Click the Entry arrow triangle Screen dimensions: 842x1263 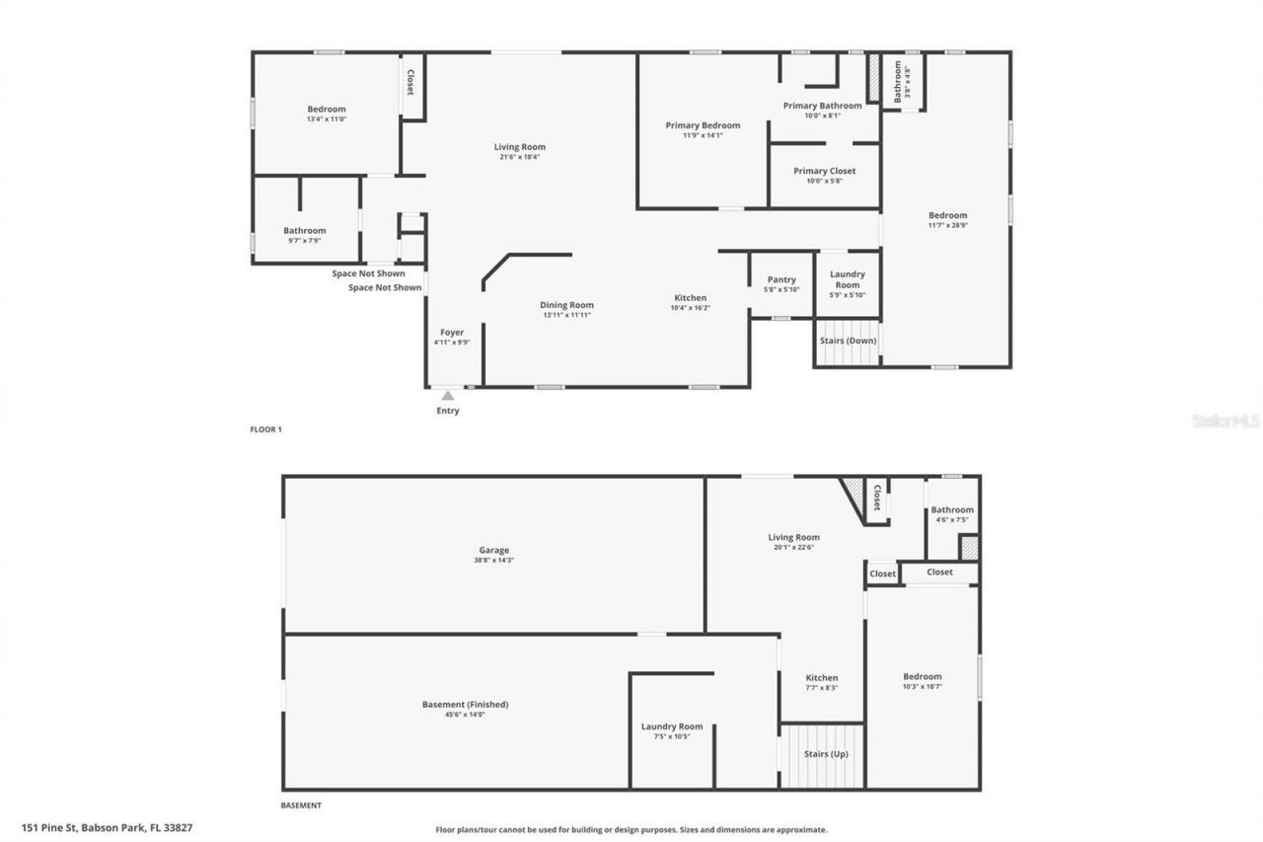(x=448, y=395)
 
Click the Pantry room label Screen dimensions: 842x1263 (x=781, y=280)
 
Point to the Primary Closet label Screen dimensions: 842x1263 (x=824, y=171)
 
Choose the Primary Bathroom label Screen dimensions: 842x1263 (x=822, y=106)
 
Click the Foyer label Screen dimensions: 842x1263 (x=452, y=333)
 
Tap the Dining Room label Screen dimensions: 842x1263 (x=566, y=305)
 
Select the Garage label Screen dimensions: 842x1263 (x=493, y=550)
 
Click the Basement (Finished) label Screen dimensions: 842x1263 (x=465, y=704)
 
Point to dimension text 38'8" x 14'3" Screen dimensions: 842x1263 (x=493, y=561)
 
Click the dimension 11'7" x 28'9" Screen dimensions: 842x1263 (x=947, y=225)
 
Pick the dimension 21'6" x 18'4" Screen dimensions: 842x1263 (x=520, y=157)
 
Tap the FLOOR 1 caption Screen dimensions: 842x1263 (x=266, y=429)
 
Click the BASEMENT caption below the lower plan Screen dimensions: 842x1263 (x=301, y=805)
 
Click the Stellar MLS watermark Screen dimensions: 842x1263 (x=1226, y=421)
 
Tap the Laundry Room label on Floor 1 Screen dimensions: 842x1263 (x=848, y=279)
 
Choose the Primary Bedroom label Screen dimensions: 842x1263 (x=703, y=125)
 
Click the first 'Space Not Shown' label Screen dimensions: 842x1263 (x=368, y=273)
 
